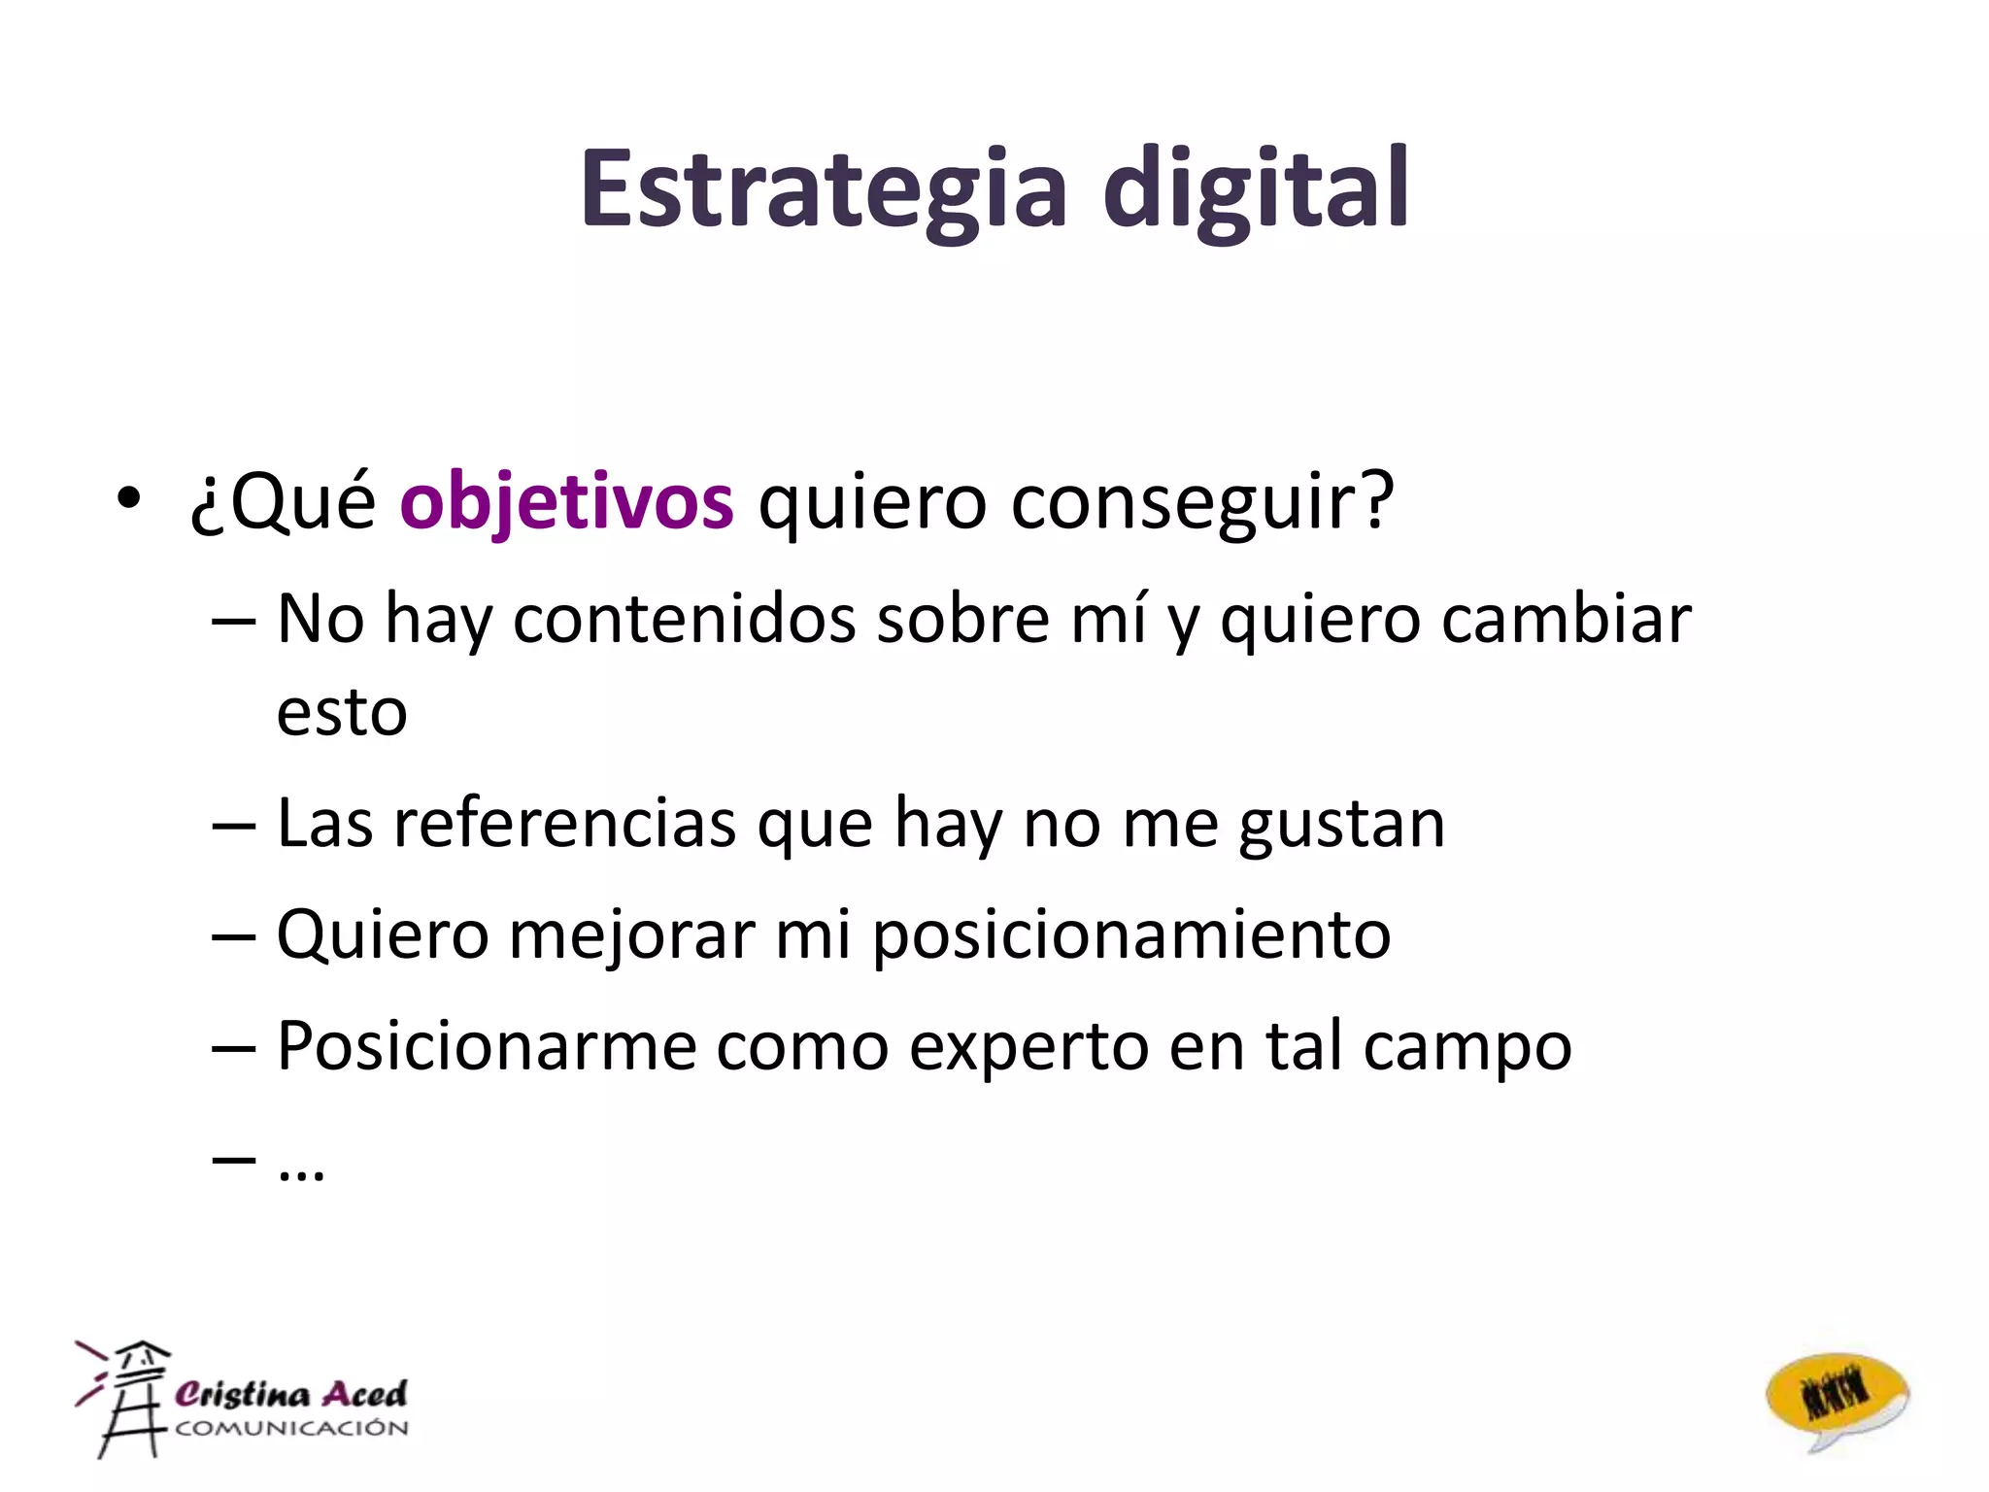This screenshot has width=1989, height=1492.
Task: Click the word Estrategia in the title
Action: (824, 189)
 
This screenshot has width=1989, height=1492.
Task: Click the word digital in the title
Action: (1255, 189)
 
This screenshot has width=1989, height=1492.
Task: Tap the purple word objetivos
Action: (566, 502)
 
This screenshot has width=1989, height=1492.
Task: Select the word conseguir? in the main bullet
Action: (1202, 502)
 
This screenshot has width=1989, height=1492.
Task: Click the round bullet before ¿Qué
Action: (128, 500)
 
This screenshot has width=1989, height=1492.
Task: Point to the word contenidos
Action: (684, 619)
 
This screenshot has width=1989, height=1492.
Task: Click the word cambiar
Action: (1566, 619)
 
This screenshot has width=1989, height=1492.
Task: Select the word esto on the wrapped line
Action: (342, 712)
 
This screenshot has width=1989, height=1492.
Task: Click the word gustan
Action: (1341, 824)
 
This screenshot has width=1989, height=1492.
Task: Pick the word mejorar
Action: (631, 934)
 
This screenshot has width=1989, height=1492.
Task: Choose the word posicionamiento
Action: (1131, 934)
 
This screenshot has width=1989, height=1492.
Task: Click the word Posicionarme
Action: (487, 1046)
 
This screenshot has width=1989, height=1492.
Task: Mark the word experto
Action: (1028, 1046)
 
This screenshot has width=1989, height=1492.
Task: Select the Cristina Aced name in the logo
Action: (290, 1394)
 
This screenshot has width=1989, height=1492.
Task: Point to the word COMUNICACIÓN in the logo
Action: (291, 1428)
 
